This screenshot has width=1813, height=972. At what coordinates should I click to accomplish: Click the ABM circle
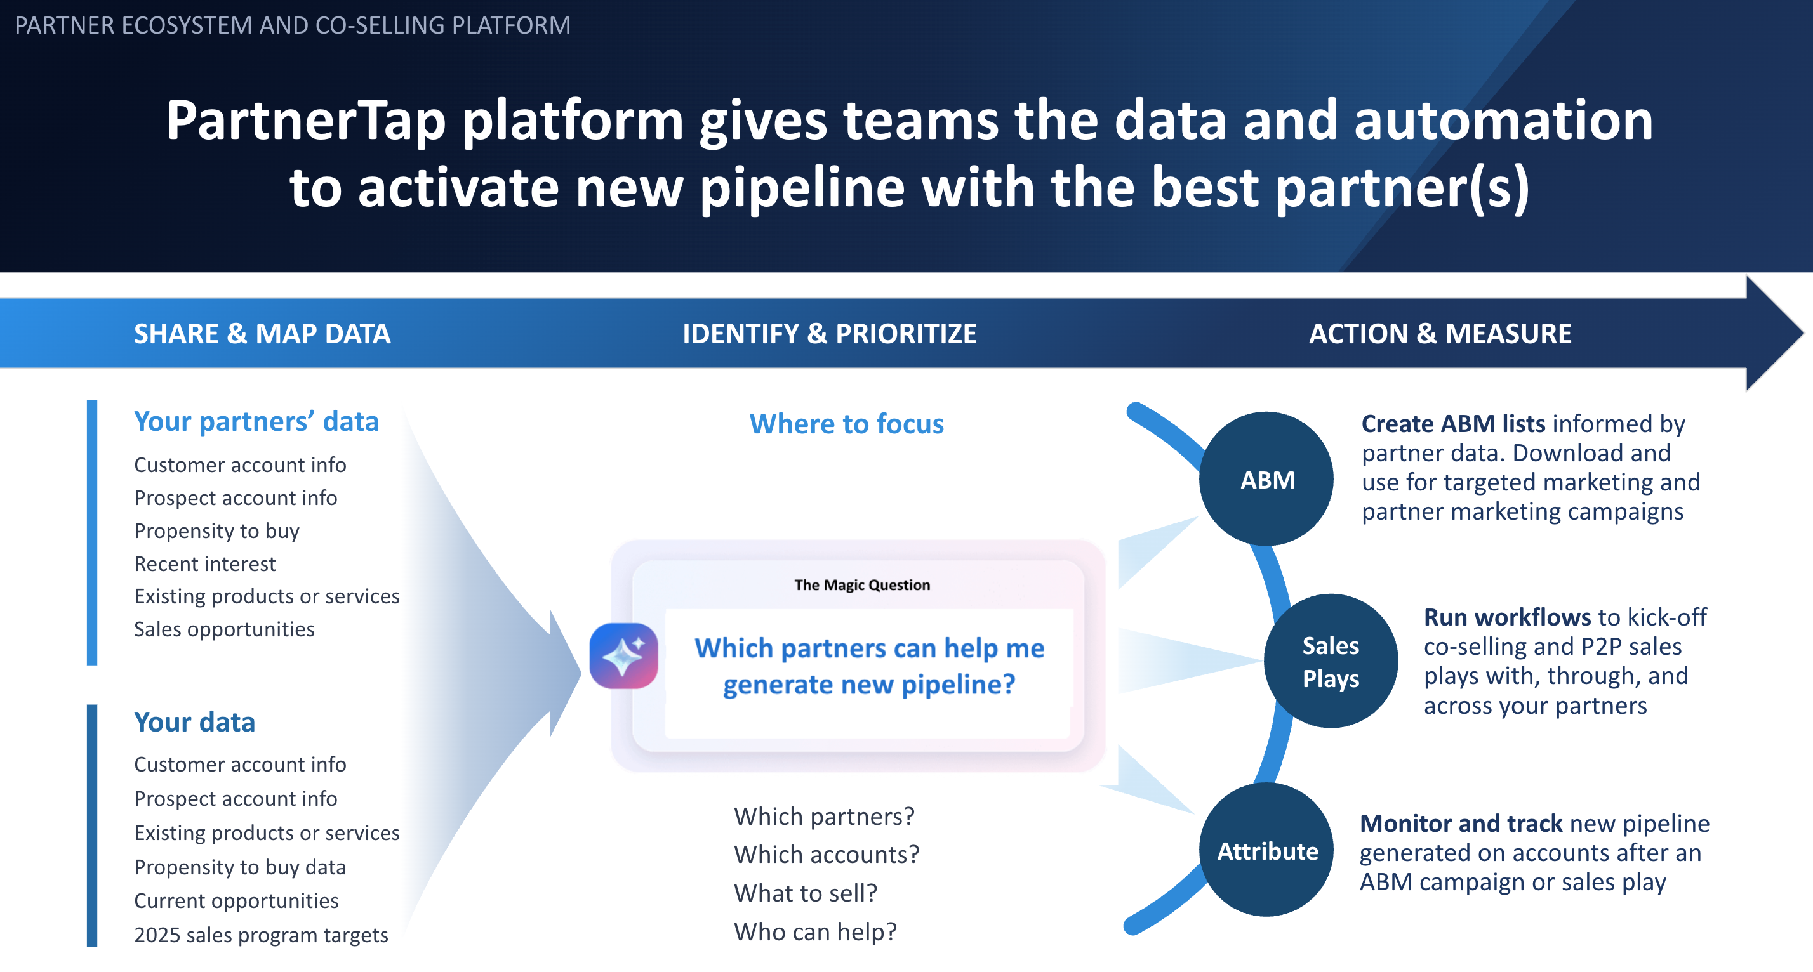pos(1266,479)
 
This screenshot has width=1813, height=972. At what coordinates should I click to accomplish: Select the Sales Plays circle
pos(1330,661)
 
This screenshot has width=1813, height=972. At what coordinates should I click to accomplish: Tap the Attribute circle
pos(1267,850)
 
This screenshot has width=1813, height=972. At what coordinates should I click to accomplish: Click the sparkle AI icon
pos(623,655)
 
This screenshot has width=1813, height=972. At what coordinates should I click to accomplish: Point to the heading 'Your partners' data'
pos(256,421)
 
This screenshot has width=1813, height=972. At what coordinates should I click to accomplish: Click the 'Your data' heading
pos(194,722)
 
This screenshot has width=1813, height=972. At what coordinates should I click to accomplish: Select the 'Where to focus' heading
pos(846,423)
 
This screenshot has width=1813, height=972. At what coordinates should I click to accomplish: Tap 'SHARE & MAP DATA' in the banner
pos(262,333)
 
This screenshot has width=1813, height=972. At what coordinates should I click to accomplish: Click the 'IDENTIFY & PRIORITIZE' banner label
pos(829,333)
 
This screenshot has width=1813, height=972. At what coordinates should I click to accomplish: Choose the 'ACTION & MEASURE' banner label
pos(1439,333)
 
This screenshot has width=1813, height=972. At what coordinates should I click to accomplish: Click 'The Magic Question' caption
pos(861,584)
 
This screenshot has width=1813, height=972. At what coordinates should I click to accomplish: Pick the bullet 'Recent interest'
pos(205,563)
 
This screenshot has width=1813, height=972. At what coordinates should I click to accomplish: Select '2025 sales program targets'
pos(261,935)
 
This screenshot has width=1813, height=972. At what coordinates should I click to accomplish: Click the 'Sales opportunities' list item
pos(224,629)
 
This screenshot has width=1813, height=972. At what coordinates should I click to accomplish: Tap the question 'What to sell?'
pos(805,893)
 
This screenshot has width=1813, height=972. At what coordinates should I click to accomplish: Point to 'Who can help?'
pos(815,931)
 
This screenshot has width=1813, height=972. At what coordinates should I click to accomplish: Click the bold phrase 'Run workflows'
pos(1506,617)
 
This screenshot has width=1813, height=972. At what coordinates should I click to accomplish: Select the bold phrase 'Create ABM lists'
pos(1452,423)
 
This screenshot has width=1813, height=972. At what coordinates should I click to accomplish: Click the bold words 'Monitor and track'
pos(1461,823)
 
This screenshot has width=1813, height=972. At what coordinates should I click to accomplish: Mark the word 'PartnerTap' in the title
pos(306,121)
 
